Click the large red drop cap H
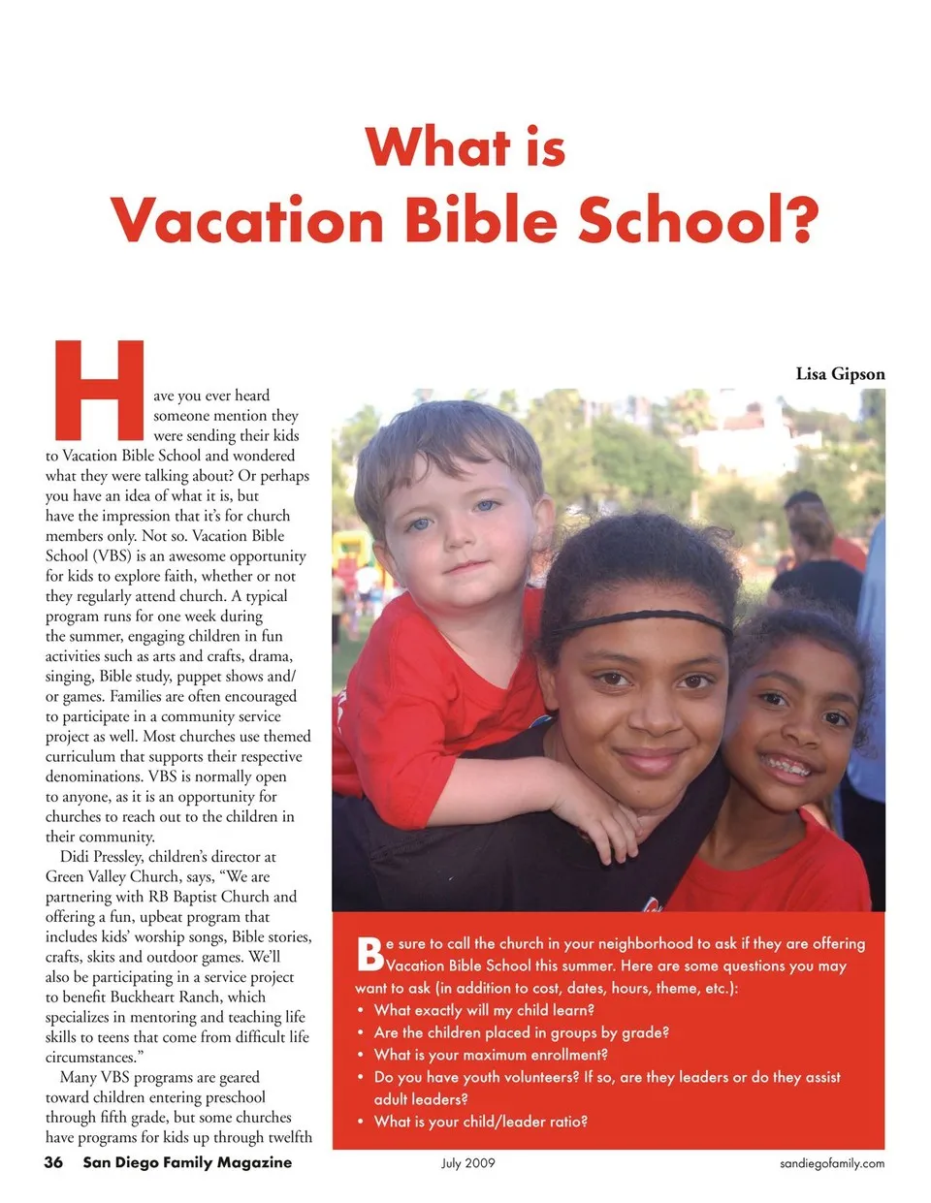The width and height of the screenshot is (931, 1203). click(x=99, y=390)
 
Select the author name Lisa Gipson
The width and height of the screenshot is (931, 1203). click(x=840, y=374)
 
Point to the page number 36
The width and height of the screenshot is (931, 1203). click(x=53, y=1162)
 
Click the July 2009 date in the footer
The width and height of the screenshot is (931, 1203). click(x=467, y=1163)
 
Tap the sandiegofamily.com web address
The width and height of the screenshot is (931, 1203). click(x=832, y=1163)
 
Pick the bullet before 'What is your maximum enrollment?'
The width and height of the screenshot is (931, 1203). click(x=361, y=1055)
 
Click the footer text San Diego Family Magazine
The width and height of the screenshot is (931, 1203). click(x=187, y=1162)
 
